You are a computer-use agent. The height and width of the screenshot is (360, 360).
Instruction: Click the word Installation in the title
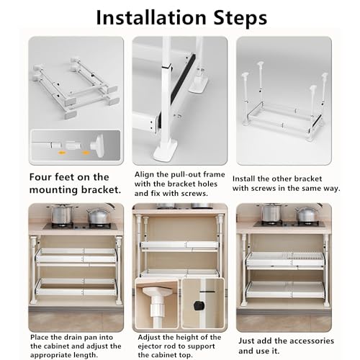151,17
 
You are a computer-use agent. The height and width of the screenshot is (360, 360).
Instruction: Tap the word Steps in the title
240,18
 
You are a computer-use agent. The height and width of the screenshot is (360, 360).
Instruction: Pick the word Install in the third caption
243,179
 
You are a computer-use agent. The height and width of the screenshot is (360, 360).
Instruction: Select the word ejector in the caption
150,346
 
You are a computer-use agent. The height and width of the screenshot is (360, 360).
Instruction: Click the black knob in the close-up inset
199,305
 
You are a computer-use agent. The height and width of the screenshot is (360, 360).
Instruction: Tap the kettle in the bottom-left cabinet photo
96,215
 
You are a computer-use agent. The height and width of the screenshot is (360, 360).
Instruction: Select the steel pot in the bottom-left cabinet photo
61,214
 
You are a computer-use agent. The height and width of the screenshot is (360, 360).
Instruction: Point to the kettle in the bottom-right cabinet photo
307,214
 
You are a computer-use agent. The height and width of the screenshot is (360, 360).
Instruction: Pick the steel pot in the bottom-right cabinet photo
272,212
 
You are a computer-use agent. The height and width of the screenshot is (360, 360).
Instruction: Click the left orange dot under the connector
62,153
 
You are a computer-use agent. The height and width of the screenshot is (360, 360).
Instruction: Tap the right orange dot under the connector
86,153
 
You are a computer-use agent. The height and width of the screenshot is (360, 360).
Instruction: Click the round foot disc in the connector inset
99,145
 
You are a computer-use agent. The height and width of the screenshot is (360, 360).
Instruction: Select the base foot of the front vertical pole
166,150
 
